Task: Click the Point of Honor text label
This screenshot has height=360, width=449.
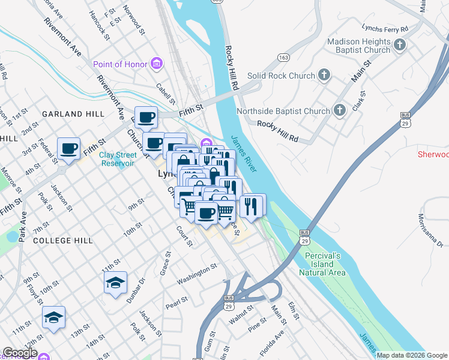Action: click(x=120, y=64)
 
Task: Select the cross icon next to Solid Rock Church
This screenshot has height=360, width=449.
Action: click(x=324, y=76)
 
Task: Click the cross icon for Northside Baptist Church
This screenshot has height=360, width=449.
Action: click(x=339, y=110)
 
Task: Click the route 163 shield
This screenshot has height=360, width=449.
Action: click(x=283, y=57)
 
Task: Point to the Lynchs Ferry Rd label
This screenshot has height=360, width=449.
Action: click(x=385, y=28)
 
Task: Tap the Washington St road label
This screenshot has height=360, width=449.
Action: click(x=196, y=274)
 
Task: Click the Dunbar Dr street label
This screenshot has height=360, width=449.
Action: click(x=134, y=289)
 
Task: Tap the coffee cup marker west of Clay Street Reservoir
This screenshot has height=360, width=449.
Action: click(x=69, y=148)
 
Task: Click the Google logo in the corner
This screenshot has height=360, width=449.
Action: click(x=19, y=353)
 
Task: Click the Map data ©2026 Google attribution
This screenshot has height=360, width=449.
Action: click(x=412, y=355)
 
